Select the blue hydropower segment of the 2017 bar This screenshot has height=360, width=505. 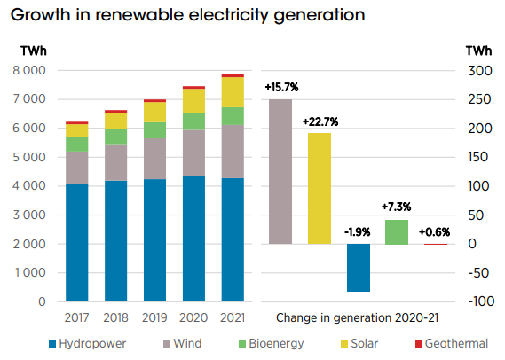pos(77,243)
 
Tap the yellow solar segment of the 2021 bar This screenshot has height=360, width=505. pos(233,92)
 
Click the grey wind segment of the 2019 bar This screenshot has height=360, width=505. pos(154,159)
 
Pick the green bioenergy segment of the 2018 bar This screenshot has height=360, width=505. pos(116,137)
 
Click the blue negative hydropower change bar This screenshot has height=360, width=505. pos(358,267)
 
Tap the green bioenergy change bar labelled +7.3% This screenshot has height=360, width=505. pos(396,231)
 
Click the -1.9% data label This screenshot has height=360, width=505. pos(358,231)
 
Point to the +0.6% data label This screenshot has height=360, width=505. pos(434,231)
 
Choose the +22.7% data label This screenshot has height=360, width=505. pos(320,121)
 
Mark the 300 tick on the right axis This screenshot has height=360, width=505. pos(478,70)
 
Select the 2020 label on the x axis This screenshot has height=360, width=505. pos(193,317)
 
